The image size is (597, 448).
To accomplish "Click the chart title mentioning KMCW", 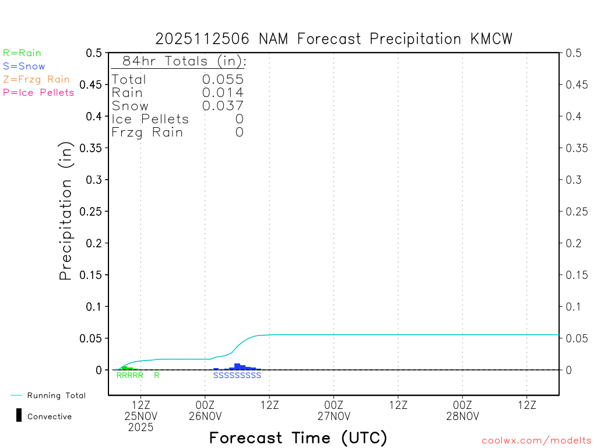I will coord(333,39).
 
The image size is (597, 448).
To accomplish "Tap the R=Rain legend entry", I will coord(22,53).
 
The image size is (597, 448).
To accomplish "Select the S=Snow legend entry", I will coord(24,66).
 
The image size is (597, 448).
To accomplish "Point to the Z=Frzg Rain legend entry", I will coord(36,79).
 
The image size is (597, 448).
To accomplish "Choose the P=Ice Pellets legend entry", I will coord(38,92).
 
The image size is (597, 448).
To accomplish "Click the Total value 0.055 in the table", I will coord(223,80).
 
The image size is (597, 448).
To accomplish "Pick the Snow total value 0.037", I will coord(223,106).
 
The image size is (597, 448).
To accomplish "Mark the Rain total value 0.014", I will coord(223,93).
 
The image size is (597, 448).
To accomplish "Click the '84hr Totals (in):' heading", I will coord(180,61).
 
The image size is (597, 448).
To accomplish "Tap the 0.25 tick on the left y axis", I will coord(93,211).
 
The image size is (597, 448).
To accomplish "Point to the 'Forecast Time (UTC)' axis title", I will coord(298,437).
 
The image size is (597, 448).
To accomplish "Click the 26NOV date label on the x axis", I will coord(205,416).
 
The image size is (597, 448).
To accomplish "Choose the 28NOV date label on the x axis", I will coord(462,416).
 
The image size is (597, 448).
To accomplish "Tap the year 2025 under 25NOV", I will coord(141,428).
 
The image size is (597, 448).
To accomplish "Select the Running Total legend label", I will coord(56,395).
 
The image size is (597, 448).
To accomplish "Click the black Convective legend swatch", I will coord(19,415).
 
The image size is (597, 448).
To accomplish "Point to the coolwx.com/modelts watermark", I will coord(536,441).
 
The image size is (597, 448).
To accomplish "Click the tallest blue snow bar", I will coord(237,366).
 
